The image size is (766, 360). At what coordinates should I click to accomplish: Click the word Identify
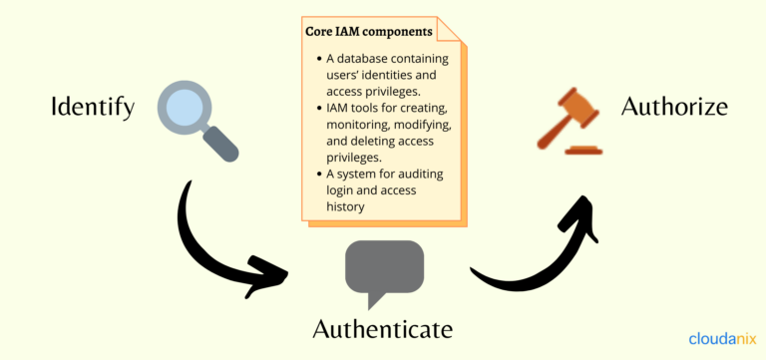pos(92,107)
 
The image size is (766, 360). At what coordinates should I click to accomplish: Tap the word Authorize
pos(674,106)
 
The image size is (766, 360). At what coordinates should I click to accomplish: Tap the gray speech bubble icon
pos(384,270)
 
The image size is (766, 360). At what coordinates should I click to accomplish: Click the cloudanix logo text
pos(721,338)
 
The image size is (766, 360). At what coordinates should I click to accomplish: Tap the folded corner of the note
pos(452,29)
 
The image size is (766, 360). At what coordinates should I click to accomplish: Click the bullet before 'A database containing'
pos(315,59)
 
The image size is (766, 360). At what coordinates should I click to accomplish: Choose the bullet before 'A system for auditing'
pos(315,175)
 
